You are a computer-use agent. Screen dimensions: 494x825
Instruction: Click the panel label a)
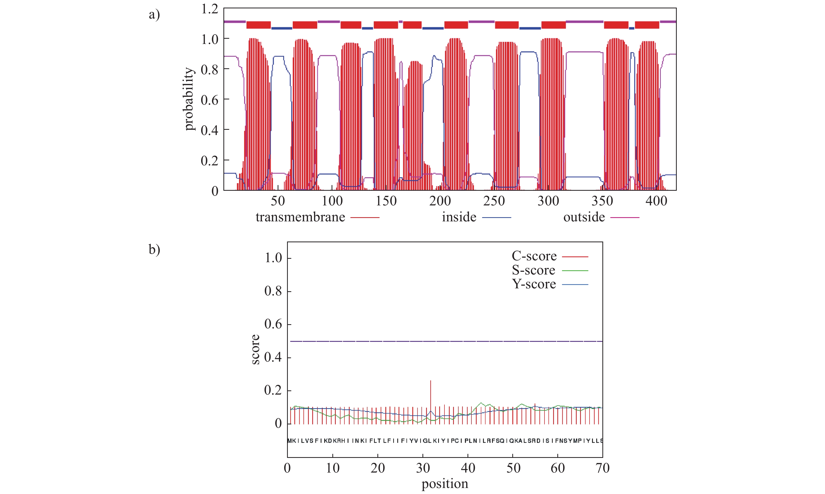click(x=154, y=15)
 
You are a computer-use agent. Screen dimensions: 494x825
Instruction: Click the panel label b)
click(x=154, y=249)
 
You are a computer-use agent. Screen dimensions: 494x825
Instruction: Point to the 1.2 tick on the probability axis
click(x=210, y=9)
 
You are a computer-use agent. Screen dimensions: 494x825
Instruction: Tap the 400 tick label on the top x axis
click(x=656, y=201)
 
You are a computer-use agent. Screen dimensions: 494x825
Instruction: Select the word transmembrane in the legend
click(x=300, y=217)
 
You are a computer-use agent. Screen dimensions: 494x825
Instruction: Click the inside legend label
click(x=459, y=217)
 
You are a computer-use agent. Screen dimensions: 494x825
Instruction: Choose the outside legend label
click(x=584, y=217)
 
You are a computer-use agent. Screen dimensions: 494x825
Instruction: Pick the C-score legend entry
click(x=534, y=256)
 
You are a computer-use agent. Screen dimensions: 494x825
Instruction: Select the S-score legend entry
click(x=533, y=270)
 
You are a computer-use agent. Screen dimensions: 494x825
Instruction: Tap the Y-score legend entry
click(x=534, y=284)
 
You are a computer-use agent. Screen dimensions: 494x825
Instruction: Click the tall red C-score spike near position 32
click(x=431, y=396)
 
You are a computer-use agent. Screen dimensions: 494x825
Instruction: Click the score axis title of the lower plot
click(x=255, y=349)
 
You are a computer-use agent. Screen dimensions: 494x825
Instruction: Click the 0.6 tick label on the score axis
click(x=273, y=324)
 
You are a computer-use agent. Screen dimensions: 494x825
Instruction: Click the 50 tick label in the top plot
click(x=278, y=201)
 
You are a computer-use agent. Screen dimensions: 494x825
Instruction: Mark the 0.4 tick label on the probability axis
click(x=210, y=130)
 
